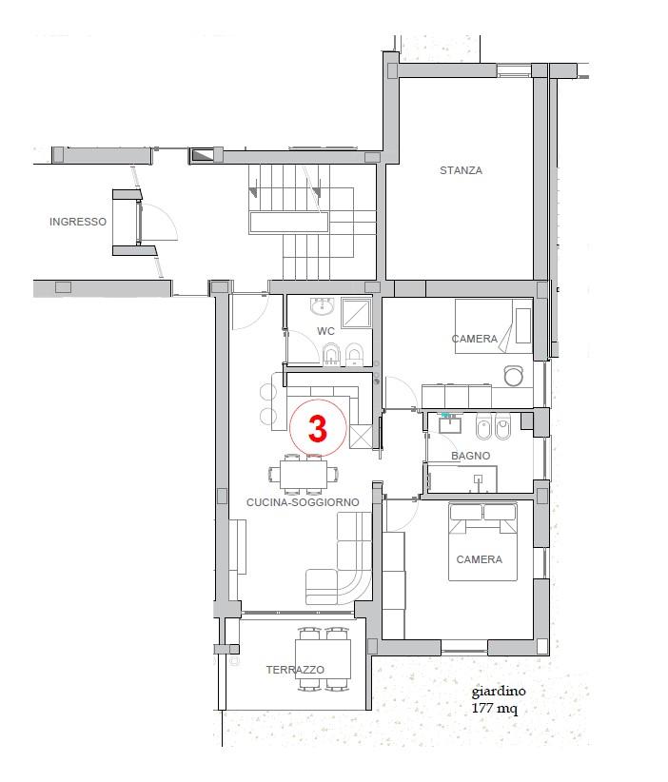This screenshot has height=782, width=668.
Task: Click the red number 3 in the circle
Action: point(317,428)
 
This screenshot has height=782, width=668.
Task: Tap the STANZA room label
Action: point(461,170)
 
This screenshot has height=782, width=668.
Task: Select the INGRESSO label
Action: point(78,222)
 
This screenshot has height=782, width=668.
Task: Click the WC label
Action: point(325,331)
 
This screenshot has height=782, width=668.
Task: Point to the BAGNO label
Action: point(470,456)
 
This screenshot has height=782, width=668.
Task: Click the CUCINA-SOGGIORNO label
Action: point(303,502)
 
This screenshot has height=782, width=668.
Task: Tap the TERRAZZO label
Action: point(295,670)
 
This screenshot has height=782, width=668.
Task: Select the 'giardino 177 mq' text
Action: point(498,700)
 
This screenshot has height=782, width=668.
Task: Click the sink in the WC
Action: point(323,305)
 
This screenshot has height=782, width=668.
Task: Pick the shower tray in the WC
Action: point(356,312)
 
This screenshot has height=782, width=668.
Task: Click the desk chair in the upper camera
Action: point(513,376)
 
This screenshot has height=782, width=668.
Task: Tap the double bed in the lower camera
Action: point(482,541)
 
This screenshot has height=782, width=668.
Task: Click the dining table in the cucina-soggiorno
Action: point(304,473)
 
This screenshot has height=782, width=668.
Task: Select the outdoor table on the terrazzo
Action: point(323,659)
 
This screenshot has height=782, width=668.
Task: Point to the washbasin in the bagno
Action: point(450,425)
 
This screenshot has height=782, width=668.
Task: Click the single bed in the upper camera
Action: point(494,326)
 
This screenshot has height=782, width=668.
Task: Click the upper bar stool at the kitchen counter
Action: point(268,392)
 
